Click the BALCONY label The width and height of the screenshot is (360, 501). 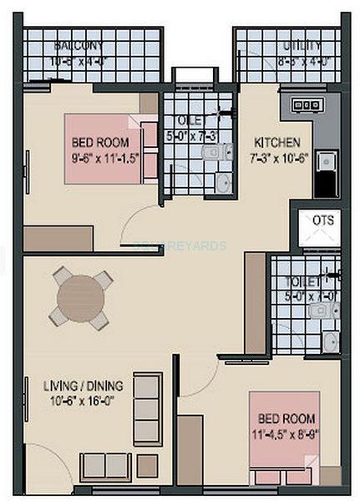(x=79, y=44)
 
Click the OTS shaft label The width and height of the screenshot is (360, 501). (x=322, y=220)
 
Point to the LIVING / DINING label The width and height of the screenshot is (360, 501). (x=83, y=386)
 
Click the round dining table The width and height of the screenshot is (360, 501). (x=81, y=296)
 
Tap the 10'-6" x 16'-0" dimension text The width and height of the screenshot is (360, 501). (x=83, y=400)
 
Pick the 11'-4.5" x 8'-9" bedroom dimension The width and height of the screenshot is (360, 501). (x=286, y=432)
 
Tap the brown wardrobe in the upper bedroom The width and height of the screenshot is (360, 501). (x=58, y=238)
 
